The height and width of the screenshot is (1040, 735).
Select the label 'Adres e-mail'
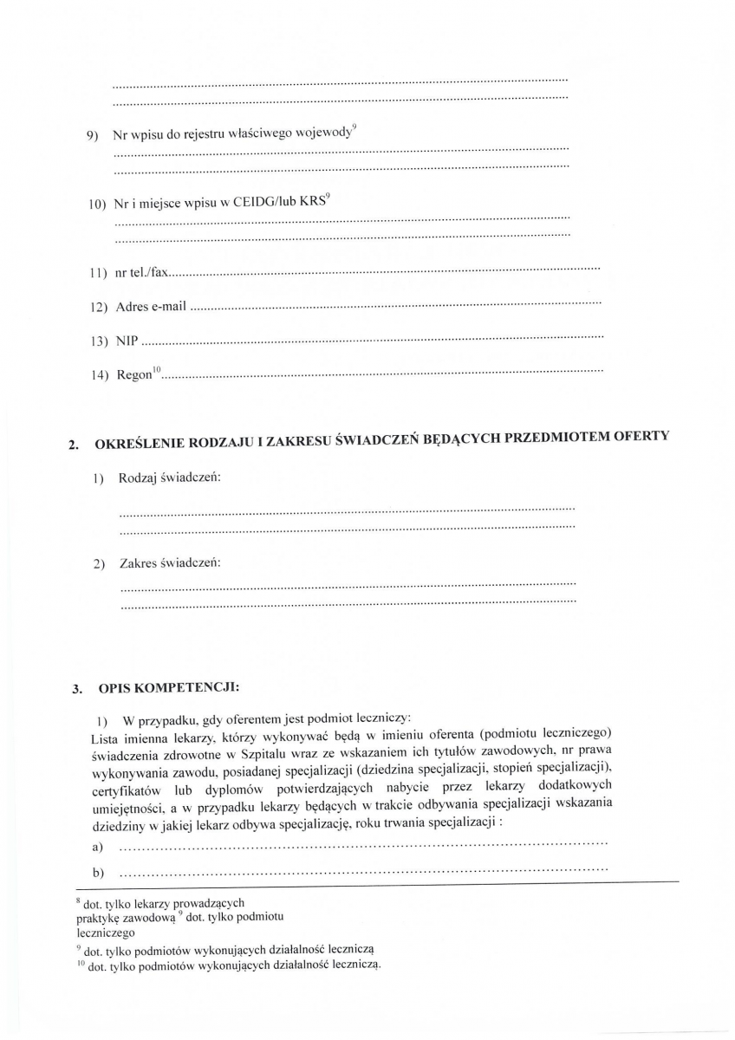point(151,307)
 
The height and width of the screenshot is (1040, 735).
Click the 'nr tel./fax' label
point(140,273)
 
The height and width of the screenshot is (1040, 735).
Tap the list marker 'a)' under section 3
point(96,845)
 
